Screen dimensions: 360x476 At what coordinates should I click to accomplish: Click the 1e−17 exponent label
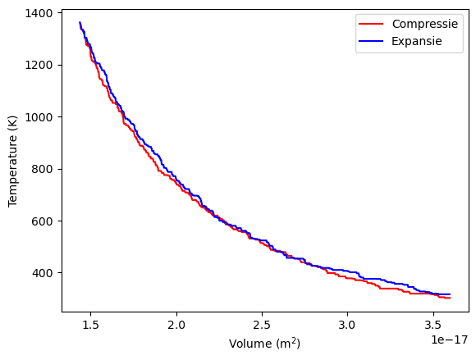pyautogui.click(x=447, y=339)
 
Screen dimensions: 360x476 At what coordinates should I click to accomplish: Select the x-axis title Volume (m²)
pyautogui.click(x=265, y=344)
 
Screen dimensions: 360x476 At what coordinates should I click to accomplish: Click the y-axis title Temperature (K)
pyautogui.click(x=13, y=162)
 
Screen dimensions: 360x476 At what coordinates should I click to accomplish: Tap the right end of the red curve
pyautogui.click(x=450, y=298)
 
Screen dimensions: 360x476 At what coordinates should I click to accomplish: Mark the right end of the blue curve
pyautogui.click(x=450, y=294)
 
